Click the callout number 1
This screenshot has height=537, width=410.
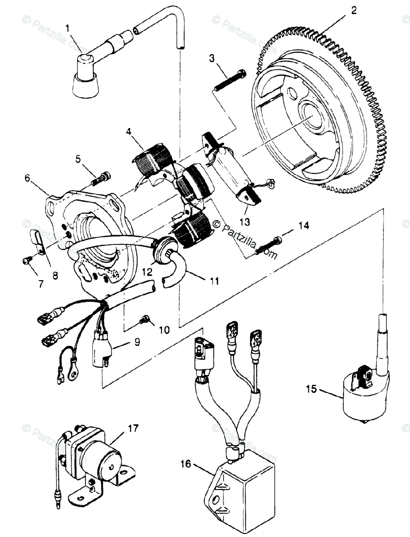pos(68,29)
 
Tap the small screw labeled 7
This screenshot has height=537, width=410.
pos(26,260)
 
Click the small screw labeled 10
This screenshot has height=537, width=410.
pos(145,319)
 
